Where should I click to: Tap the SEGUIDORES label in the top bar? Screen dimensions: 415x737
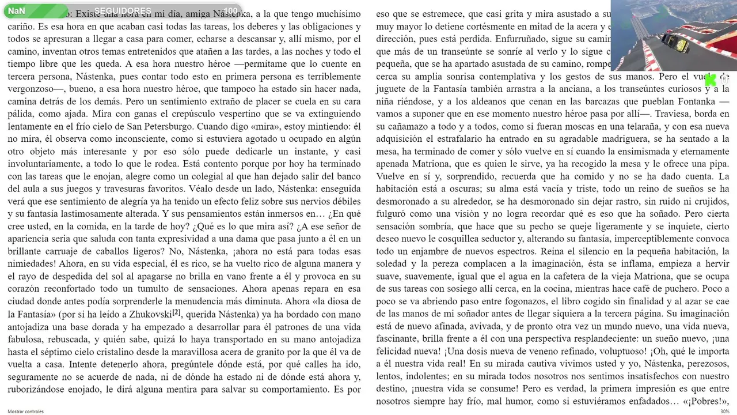coord(123,11)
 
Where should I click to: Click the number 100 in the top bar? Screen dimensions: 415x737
coord(230,11)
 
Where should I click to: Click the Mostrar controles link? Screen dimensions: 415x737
coord(25,411)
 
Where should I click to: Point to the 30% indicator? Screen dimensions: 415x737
coord(724,411)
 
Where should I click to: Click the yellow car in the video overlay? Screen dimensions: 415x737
coord(675,42)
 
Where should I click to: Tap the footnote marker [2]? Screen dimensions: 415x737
coord(177,312)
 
